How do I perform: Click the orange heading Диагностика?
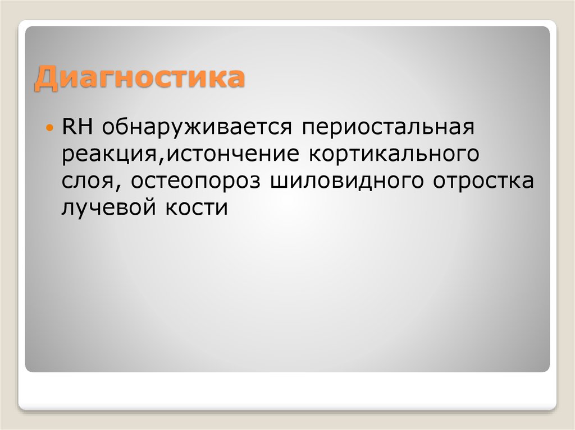click(140, 78)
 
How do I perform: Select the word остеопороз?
click(194, 182)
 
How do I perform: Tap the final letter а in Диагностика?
click(235, 78)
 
